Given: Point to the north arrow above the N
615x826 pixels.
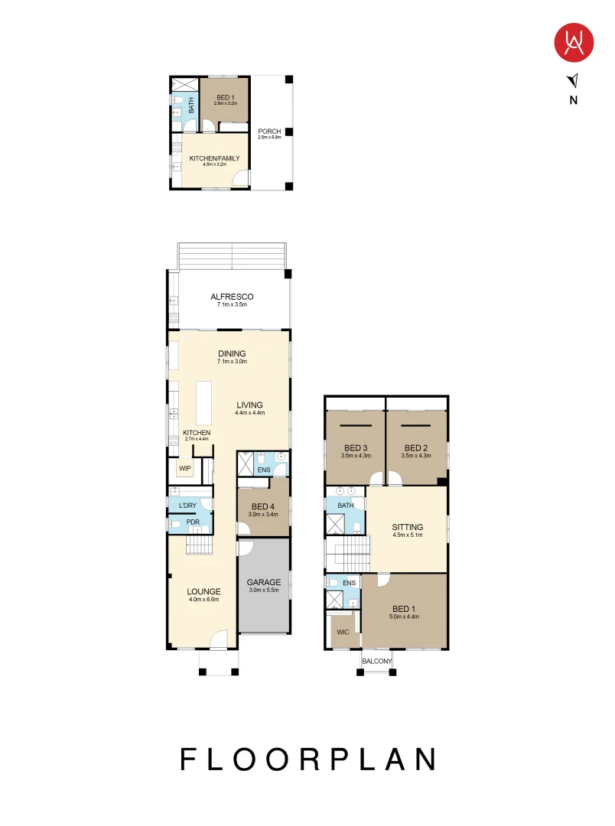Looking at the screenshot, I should click(574, 80).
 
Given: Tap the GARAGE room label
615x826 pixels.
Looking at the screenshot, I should click(263, 582).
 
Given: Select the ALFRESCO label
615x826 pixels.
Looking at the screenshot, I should click(232, 297).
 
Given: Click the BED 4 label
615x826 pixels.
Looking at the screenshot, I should click(263, 506).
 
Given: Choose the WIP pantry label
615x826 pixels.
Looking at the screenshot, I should click(184, 468).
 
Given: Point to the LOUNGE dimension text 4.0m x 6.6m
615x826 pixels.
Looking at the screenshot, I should click(204, 600).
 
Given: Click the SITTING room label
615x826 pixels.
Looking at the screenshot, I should click(407, 527).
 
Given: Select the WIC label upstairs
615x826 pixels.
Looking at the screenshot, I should click(343, 632).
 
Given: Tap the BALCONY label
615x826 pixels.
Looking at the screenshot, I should click(377, 662).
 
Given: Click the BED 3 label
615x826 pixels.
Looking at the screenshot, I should click(355, 447).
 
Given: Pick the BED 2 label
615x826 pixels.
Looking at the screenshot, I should click(415, 447).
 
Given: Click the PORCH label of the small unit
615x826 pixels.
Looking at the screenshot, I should click(269, 131).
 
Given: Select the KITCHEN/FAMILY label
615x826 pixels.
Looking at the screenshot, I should click(215, 158).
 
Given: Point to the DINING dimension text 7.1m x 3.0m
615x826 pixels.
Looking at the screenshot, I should click(231, 361).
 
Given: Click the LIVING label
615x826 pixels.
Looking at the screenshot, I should click(249, 405).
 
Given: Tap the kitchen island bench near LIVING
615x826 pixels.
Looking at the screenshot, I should click(203, 402).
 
